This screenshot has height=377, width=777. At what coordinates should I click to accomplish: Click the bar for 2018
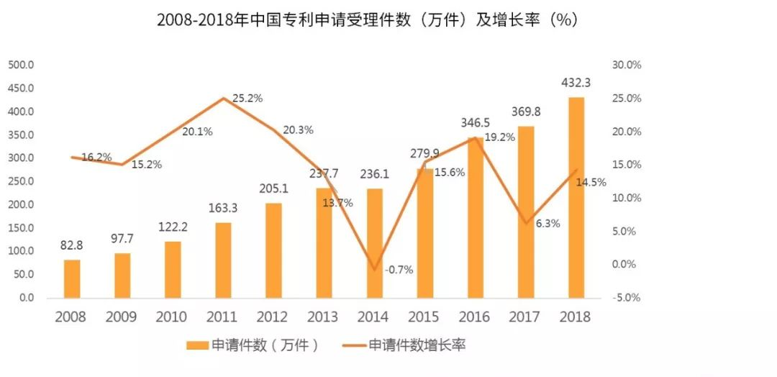(x=576, y=198)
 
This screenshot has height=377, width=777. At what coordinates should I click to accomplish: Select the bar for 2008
(x=72, y=278)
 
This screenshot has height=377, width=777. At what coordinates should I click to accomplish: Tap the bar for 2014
(x=375, y=243)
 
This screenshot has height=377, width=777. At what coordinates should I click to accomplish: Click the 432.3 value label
(x=576, y=83)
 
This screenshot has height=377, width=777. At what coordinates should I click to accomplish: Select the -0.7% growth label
(x=399, y=270)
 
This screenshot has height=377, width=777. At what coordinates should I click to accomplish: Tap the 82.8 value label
(x=72, y=245)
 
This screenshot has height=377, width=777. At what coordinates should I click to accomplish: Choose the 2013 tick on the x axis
(x=324, y=317)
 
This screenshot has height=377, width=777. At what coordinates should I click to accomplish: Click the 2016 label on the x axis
(x=475, y=317)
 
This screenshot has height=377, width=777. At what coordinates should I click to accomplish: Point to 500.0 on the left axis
(x=22, y=65)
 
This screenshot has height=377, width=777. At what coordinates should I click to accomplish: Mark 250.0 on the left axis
(x=22, y=181)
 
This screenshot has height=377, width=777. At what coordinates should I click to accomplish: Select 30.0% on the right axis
(x=627, y=65)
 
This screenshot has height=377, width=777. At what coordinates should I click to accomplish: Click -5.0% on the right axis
(x=627, y=297)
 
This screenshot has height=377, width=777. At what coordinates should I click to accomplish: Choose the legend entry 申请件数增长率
(x=417, y=346)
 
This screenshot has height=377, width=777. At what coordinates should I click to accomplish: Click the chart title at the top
(x=368, y=20)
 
